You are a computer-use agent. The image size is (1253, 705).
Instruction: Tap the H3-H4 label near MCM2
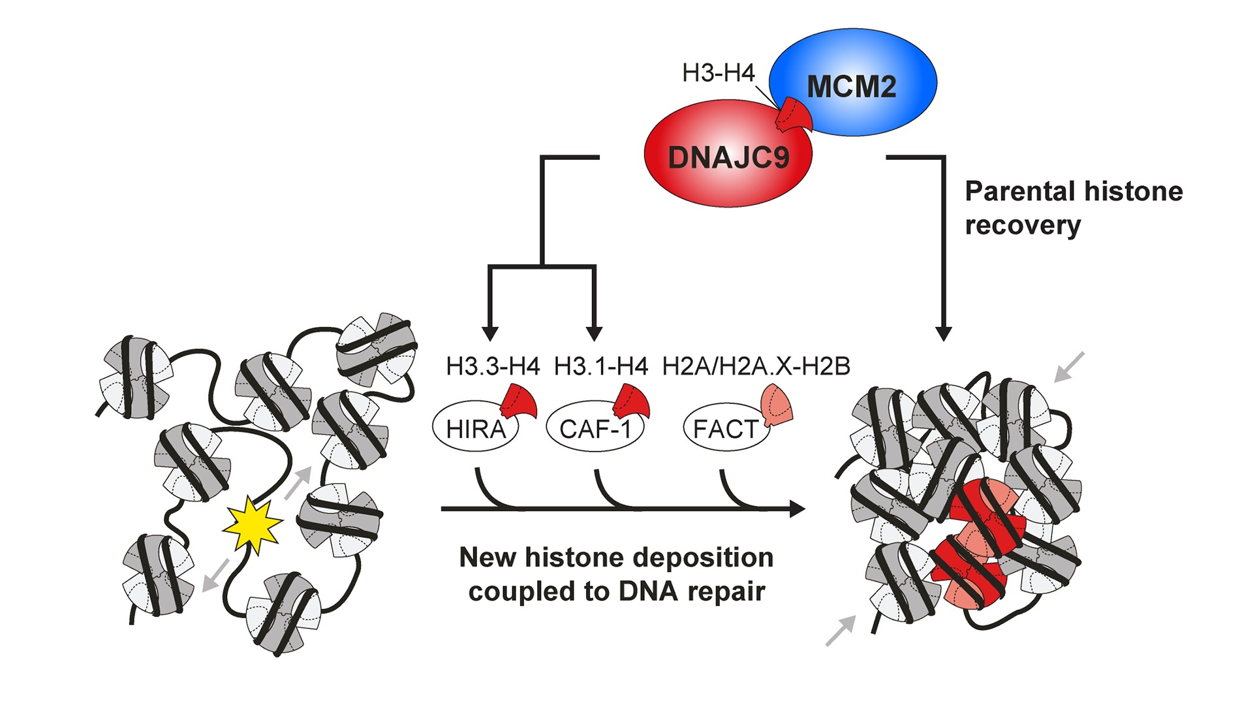pyautogui.click(x=718, y=72)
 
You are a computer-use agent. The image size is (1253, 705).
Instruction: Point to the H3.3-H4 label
pyautogui.click(x=493, y=367)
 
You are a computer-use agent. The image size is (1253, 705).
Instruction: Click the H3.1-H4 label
pyautogui.click(x=600, y=367)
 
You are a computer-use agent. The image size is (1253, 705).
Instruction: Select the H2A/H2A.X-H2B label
pyautogui.click(x=756, y=367)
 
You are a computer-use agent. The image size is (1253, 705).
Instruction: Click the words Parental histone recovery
pyautogui.click(x=1073, y=208)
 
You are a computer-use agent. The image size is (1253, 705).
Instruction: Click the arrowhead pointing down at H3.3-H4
pyautogui.click(x=490, y=334)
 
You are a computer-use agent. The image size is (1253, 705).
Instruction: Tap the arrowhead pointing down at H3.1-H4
pyautogui.click(x=594, y=334)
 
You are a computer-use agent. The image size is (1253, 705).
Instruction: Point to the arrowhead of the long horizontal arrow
pyautogui.click(x=797, y=509)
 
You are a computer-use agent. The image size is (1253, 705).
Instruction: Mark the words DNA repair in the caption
pyautogui.click(x=692, y=591)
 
